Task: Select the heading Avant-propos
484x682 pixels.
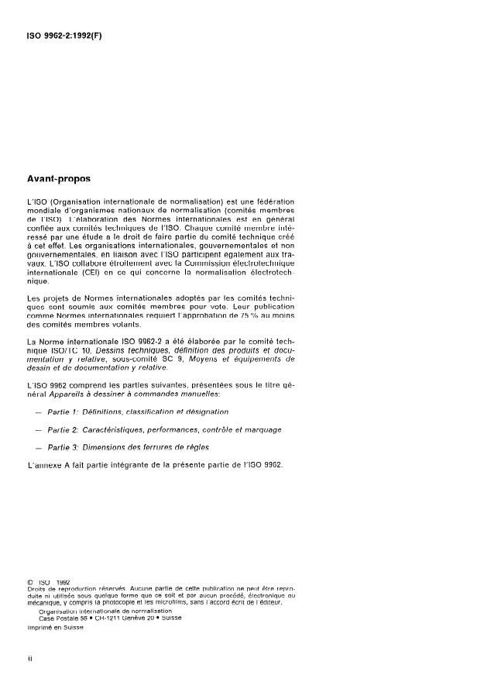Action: tap(58, 179)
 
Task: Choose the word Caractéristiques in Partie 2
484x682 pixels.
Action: tap(120, 429)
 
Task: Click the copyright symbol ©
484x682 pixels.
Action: tap(29, 581)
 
